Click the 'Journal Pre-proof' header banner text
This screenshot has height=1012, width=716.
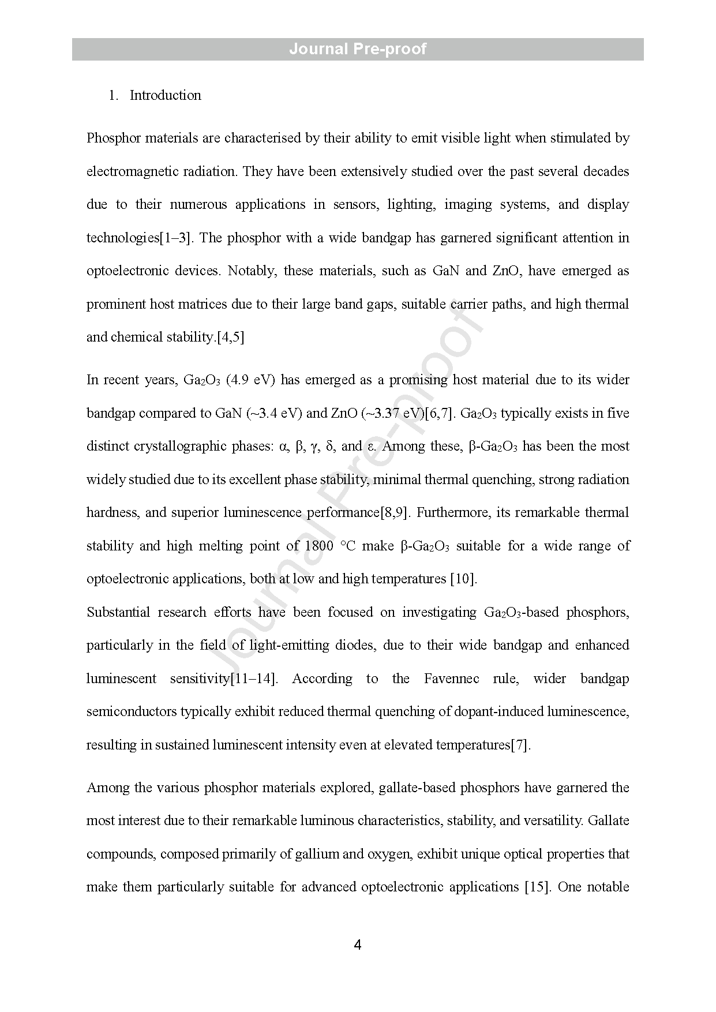click(358, 49)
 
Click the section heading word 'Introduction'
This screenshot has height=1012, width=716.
click(165, 95)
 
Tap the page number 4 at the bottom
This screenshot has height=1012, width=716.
click(358, 945)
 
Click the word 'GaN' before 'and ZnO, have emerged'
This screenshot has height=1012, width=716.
click(445, 271)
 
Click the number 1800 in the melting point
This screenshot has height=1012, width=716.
click(319, 546)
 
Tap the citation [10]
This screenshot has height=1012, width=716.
click(463, 579)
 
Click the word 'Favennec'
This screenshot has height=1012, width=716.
click(451, 679)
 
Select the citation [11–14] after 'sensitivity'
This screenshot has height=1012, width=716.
click(253, 679)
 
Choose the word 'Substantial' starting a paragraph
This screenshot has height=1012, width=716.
click(118, 612)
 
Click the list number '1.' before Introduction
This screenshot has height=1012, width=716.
click(114, 95)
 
